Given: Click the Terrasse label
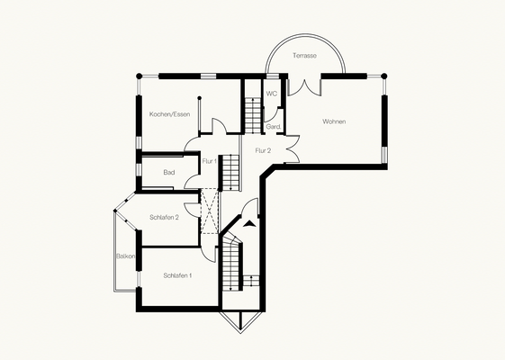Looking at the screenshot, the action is click(304, 56).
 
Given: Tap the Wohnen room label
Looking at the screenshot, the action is click(334, 121).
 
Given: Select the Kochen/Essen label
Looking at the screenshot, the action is click(170, 114).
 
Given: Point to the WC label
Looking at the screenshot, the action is click(271, 94).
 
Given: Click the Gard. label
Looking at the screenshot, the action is click(274, 127).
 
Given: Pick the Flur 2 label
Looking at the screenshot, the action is click(263, 150).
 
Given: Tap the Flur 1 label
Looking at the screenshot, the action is click(210, 161).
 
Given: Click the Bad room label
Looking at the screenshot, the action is click(168, 173).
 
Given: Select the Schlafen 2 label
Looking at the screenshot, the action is click(164, 218).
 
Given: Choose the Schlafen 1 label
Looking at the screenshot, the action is click(177, 275).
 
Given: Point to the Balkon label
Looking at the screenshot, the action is click(126, 256).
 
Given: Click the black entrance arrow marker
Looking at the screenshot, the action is click(250, 224).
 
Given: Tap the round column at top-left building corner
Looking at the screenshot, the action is click(139, 76).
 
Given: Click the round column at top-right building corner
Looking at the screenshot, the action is click(383, 76).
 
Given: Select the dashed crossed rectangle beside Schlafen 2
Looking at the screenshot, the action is click(210, 211).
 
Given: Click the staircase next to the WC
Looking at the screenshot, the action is click(252, 115).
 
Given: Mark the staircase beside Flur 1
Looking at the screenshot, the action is click(231, 172).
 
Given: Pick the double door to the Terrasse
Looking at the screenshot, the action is click(304, 86).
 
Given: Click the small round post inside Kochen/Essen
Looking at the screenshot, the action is click(199, 98).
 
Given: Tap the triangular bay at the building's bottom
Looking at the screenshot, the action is click(240, 322).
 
